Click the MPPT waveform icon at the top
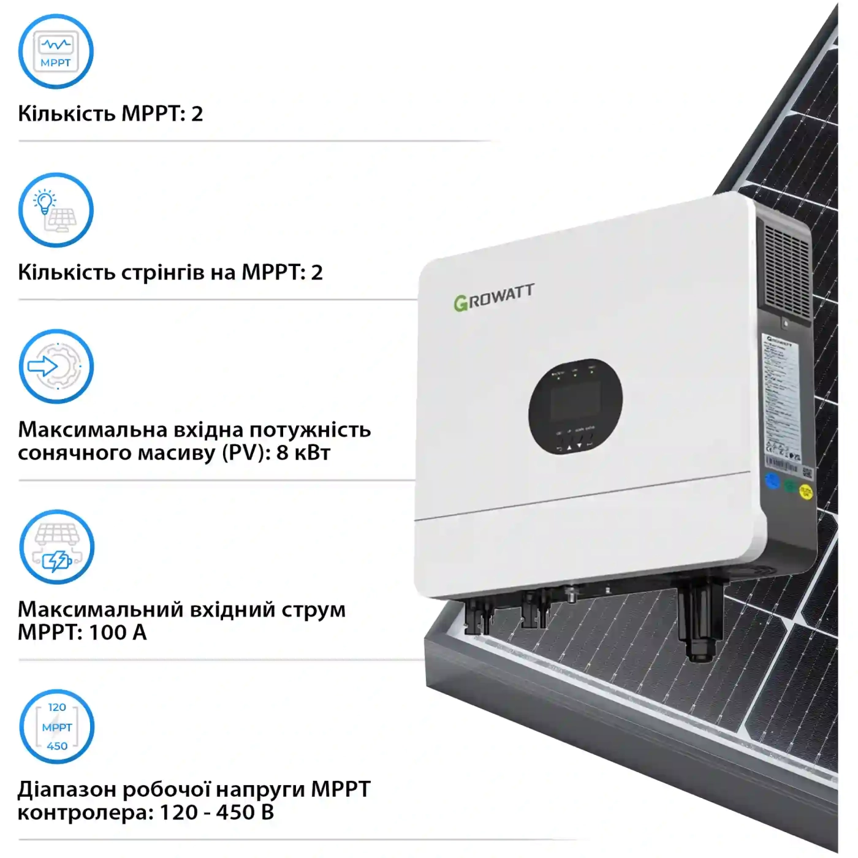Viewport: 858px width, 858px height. [x=56, y=51]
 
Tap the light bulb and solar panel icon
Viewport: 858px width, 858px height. [x=56, y=210]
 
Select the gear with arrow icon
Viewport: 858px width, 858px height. [x=56, y=366]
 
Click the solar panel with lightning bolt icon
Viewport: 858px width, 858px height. [x=57, y=547]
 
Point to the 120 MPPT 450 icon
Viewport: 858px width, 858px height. [x=57, y=727]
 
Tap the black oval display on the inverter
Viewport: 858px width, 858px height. [x=575, y=406]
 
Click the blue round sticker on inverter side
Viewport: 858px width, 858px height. [x=772, y=481]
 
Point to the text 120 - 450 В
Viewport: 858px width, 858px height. [x=216, y=813]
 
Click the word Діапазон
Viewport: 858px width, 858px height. [x=67, y=789]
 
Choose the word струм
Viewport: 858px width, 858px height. [x=313, y=610]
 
